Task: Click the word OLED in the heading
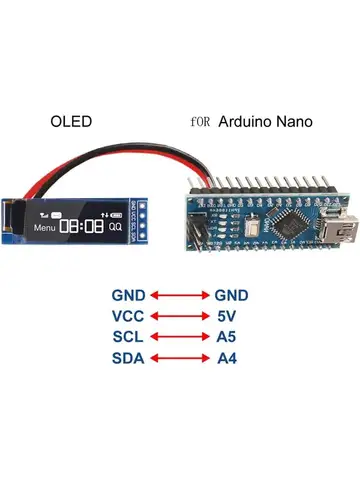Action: (71, 121)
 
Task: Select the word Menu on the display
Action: (46, 228)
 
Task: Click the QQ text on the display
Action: (116, 228)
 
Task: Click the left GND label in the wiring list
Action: (129, 296)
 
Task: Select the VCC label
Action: (129, 317)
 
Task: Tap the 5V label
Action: (227, 317)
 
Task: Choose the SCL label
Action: (129, 338)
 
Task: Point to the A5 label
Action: (227, 338)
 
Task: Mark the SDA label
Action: (129, 359)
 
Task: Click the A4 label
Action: (227, 359)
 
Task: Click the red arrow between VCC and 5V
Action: (180, 317)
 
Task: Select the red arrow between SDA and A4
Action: (180, 359)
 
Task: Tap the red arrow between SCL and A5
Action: (180, 338)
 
